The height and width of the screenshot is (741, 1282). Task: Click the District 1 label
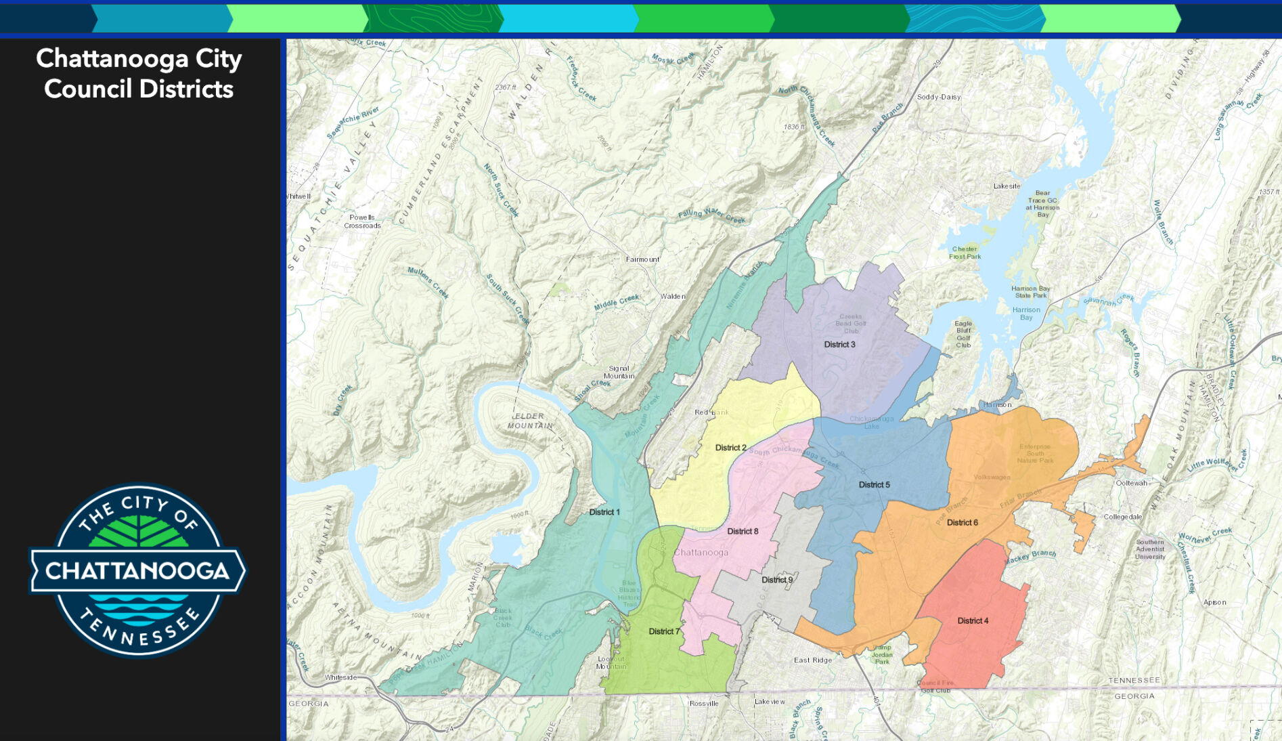tap(604, 512)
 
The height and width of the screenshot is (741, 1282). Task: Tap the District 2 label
tap(730, 448)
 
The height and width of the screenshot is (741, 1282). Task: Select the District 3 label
tap(839, 344)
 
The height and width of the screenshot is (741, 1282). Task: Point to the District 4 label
tap(973, 620)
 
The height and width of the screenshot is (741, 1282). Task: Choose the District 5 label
tap(874, 484)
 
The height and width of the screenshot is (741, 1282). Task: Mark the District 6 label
tap(962, 522)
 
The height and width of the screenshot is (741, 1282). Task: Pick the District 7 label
tap(663, 631)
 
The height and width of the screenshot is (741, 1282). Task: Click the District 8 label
tap(743, 531)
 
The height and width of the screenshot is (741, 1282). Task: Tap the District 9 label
tap(776, 580)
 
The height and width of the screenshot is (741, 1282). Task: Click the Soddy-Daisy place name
tap(938, 97)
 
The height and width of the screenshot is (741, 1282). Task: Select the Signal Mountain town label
tap(619, 373)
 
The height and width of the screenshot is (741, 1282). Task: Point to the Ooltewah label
tap(1131, 483)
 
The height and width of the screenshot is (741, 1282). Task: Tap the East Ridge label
tap(812, 660)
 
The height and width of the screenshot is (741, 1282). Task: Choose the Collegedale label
tap(1122, 517)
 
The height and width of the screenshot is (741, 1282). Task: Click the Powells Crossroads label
tap(362, 221)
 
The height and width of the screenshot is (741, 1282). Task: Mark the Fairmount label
tap(642, 259)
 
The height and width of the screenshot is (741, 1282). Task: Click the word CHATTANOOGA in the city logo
tap(138, 570)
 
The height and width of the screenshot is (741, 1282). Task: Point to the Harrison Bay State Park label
tap(1030, 292)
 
